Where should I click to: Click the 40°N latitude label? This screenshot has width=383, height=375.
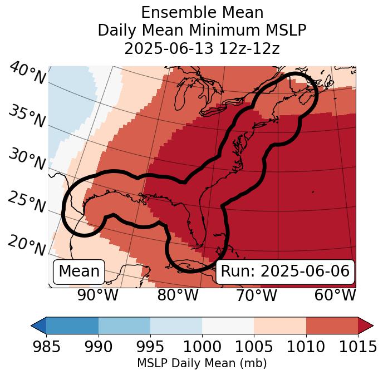click(27, 73)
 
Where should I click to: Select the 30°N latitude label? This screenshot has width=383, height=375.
click(26, 159)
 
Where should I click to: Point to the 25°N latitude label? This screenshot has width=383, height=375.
click(26, 201)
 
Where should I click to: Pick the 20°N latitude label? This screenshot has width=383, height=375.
click(26, 245)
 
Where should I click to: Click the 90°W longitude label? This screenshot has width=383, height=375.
click(97, 295)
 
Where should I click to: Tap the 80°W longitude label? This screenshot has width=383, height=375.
click(178, 295)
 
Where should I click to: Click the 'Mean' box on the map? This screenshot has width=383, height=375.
click(79, 272)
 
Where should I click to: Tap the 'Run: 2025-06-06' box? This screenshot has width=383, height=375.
click(285, 272)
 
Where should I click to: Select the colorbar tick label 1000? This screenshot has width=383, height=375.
click(202, 347)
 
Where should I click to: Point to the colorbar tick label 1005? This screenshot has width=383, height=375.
click(254, 347)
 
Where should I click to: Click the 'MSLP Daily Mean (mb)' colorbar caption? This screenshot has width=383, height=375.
click(202, 364)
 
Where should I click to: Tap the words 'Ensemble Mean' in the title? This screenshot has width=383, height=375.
click(202, 12)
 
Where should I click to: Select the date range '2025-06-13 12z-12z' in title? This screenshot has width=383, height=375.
click(202, 48)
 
